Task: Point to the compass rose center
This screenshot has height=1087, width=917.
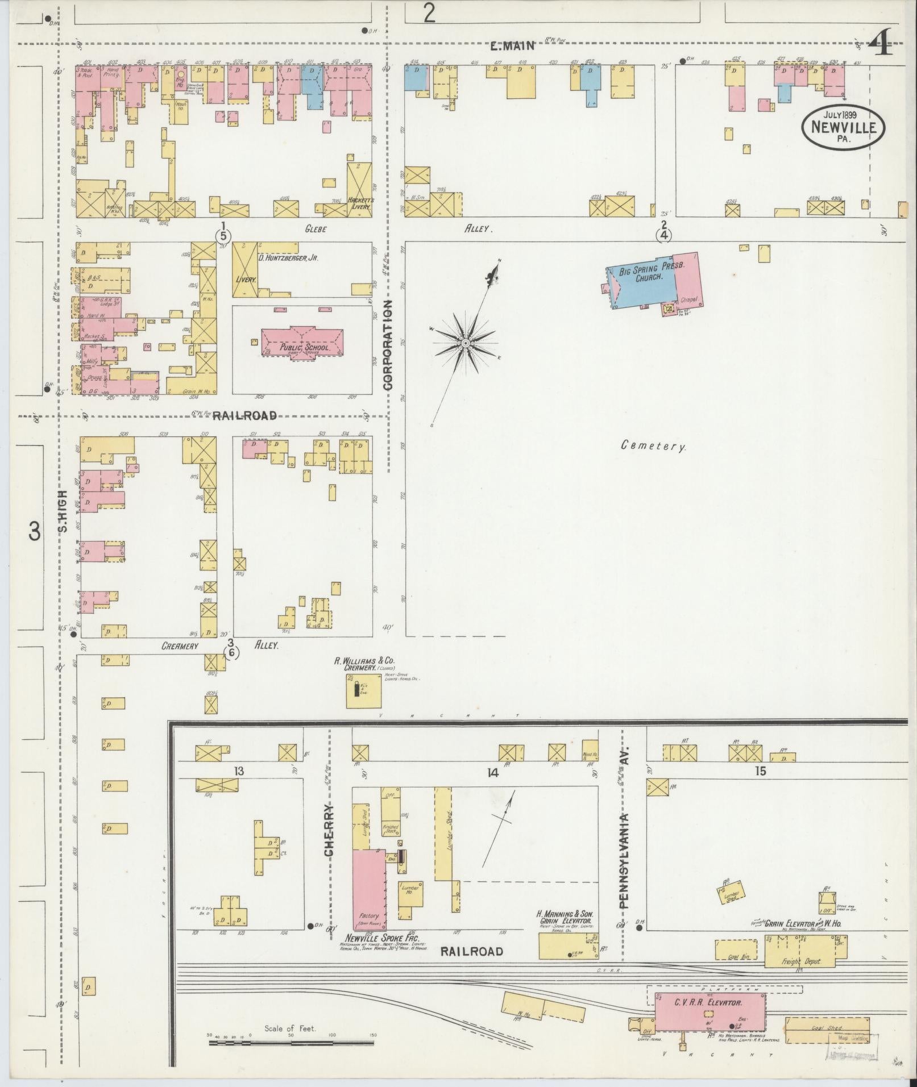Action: tap(466, 344)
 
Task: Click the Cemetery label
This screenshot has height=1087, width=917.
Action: tap(653, 446)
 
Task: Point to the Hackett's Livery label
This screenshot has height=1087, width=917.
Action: tap(359, 203)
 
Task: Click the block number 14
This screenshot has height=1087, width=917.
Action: tap(492, 772)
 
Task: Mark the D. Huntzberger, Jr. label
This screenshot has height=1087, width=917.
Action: tap(288, 257)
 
